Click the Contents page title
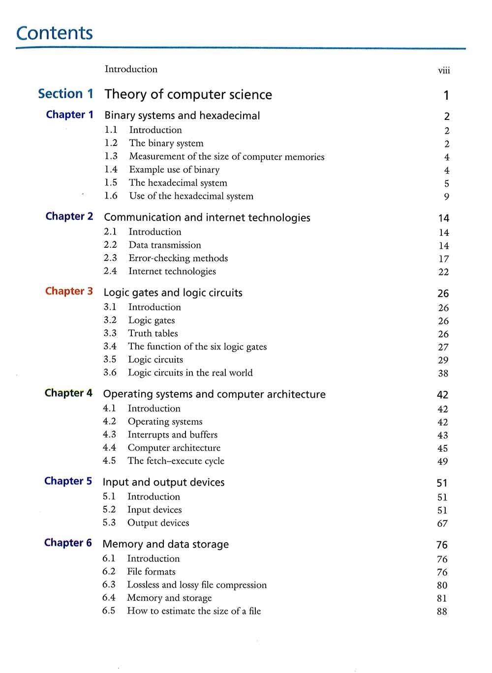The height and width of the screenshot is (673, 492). (x=54, y=33)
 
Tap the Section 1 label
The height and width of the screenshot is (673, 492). (x=65, y=94)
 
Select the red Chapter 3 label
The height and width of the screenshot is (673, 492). (x=69, y=291)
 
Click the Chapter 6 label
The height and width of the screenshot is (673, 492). (x=68, y=543)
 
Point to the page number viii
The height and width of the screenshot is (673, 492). (x=444, y=70)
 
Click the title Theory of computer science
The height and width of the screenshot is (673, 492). (x=188, y=94)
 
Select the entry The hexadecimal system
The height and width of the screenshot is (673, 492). (x=178, y=183)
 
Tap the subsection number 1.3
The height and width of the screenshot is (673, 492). (x=111, y=156)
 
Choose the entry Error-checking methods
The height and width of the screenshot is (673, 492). (x=178, y=258)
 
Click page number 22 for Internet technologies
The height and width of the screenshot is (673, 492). (x=443, y=272)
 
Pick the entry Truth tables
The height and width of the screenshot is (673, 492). (x=153, y=333)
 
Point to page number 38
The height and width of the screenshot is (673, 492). (x=443, y=373)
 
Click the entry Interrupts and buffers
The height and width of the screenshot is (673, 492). (x=172, y=435)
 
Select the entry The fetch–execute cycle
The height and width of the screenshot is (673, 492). (x=176, y=461)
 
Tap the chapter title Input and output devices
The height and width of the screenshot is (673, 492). (x=163, y=482)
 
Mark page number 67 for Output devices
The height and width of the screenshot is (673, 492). (x=442, y=524)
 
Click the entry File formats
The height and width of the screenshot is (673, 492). (x=151, y=572)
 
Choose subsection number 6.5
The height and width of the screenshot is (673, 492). (x=109, y=611)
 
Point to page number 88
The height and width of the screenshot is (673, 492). (x=442, y=612)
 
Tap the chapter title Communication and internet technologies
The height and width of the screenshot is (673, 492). (x=207, y=217)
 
